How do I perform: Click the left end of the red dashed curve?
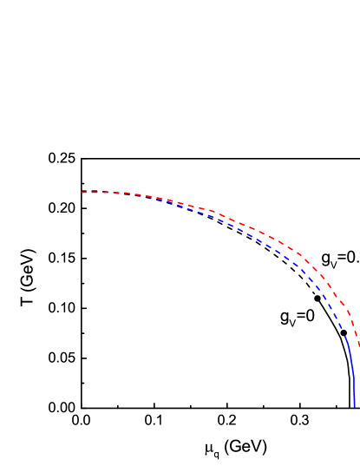82,192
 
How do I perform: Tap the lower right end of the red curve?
359,346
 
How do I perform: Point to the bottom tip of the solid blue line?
355,406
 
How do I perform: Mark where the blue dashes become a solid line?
347,338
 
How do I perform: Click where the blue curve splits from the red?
160,199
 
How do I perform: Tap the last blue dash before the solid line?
344,331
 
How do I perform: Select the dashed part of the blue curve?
260,239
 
